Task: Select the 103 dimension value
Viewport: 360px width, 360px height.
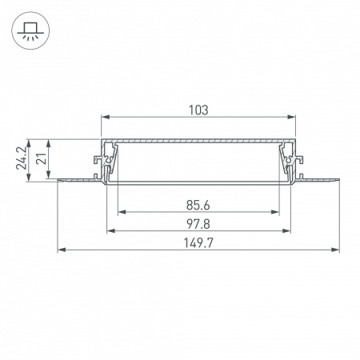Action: [x=199, y=110]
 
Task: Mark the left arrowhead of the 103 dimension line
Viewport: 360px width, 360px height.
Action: [x=104, y=118]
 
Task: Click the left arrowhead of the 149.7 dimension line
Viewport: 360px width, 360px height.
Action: [x=61, y=250]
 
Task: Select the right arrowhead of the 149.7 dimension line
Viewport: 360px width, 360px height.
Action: [x=336, y=250]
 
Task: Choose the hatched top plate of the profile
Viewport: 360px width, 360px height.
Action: [x=199, y=141]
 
